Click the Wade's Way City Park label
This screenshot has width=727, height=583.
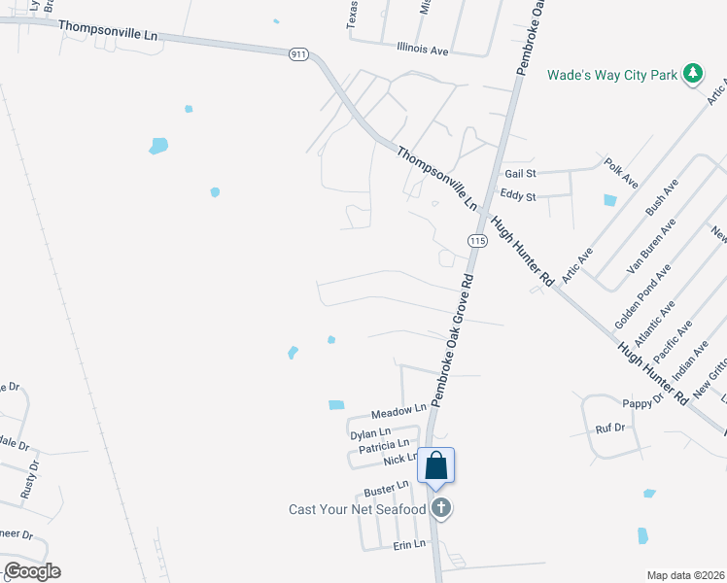(611, 74)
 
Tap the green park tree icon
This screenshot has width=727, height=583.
(692, 74)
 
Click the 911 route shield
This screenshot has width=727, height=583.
(298, 54)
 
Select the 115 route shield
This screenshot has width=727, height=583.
(476, 240)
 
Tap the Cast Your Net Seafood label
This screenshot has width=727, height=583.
(358, 509)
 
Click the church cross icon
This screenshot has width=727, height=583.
(441, 507)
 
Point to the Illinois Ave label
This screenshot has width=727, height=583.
(422, 48)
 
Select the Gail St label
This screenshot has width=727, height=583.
(520, 173)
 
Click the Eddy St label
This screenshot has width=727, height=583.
(517, 196)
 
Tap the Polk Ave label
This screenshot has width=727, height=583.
(620, 173)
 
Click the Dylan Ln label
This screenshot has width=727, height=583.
(370, 432)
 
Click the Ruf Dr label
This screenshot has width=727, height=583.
(609, 428)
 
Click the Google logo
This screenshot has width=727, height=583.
(32, 571)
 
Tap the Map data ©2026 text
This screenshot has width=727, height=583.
(685, 575)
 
